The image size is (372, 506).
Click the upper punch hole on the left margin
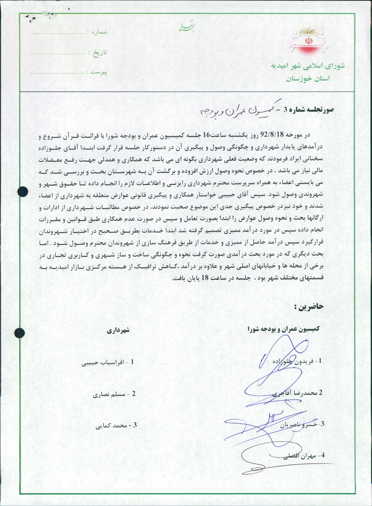(23, 191)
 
